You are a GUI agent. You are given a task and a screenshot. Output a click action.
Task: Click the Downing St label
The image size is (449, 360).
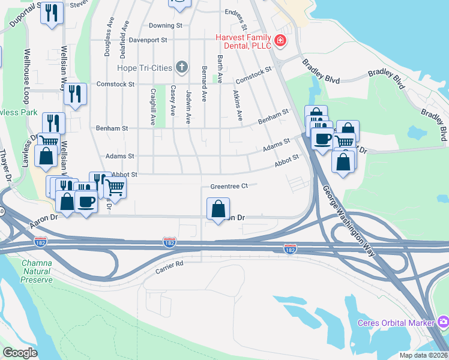coord(165,26)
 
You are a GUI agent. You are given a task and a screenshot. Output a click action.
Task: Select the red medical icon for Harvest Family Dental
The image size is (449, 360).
coord(280,41)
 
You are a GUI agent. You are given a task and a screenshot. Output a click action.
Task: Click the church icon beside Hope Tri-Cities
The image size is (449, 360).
coord(182,67)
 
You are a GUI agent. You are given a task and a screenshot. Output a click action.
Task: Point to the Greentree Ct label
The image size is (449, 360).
coord(229,187)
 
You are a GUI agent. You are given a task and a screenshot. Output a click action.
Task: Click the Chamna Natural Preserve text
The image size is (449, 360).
coord(37,271)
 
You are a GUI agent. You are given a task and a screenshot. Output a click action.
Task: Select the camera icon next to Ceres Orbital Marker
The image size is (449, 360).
coord(443,323)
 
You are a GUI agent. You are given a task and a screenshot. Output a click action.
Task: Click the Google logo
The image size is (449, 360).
coord(20,353)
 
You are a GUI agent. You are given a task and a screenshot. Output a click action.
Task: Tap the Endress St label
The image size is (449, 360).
coord(236,12)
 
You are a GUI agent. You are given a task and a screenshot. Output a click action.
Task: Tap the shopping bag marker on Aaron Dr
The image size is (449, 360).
coord(218,209)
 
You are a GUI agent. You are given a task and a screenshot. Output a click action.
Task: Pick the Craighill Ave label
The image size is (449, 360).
coord(154,107)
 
